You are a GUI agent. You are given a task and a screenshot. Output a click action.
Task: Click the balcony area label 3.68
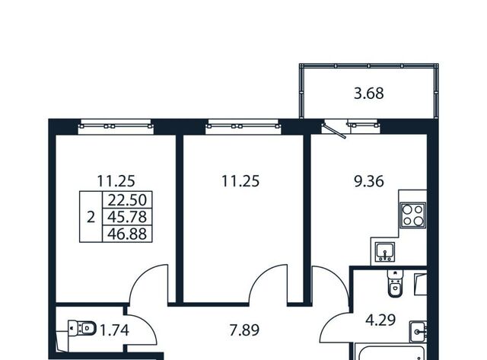click(x=368, y=94)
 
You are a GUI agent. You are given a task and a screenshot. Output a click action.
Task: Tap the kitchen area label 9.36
click(x=369, y=181)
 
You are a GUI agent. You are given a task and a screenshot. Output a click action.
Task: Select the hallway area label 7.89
click(x=244, y=330)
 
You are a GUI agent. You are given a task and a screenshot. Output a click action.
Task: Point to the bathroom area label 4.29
click(x=380, y=320)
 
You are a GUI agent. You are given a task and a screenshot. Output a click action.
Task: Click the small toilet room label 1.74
click(x=114, y=330)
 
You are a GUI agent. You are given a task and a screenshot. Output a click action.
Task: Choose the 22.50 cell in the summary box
click(x=127, y=200)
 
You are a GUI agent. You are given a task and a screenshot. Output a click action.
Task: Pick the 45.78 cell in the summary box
click(x=127, y=217)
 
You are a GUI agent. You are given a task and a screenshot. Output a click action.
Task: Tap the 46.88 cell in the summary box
click(x=127, y=234)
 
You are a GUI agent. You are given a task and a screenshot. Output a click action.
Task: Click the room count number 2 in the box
click(x=91, y=217)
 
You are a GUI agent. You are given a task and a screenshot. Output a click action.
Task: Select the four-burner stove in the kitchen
click(x=412, y=215)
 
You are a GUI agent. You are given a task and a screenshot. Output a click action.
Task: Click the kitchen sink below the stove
click(x=385, y=252)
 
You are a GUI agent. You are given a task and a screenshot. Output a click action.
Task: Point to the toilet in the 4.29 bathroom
click(x=395, y=283)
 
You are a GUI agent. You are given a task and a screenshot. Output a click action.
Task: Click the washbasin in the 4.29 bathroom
click(x=418, y=332)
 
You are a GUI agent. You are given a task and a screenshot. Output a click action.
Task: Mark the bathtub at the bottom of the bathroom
click(x=390, y=352)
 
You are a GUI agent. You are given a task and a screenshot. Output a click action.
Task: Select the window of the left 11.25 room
click(x=116, y=126)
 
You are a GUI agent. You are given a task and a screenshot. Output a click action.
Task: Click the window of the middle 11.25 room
click(x=243, y=126)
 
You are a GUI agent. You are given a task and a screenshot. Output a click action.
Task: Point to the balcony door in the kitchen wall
click(x=334, y=130)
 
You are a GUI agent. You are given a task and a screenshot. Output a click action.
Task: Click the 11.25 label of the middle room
click(x=240, y=181)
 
